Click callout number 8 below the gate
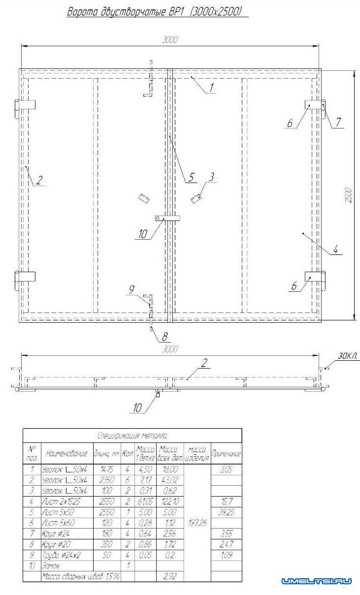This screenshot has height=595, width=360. pyautogui.click(x=165, y=338)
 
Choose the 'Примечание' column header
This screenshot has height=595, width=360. pyautogui.click(x=226, y=453)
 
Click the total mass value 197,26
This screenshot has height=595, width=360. pyautogui.click(x=197, y=524)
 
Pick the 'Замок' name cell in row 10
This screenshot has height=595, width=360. pyautogui.click(x=52, y=566)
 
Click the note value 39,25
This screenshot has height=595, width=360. pyautogui.click(x=226, y=513)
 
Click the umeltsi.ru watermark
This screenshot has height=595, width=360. pyautogui.click(x=316, y=581)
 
